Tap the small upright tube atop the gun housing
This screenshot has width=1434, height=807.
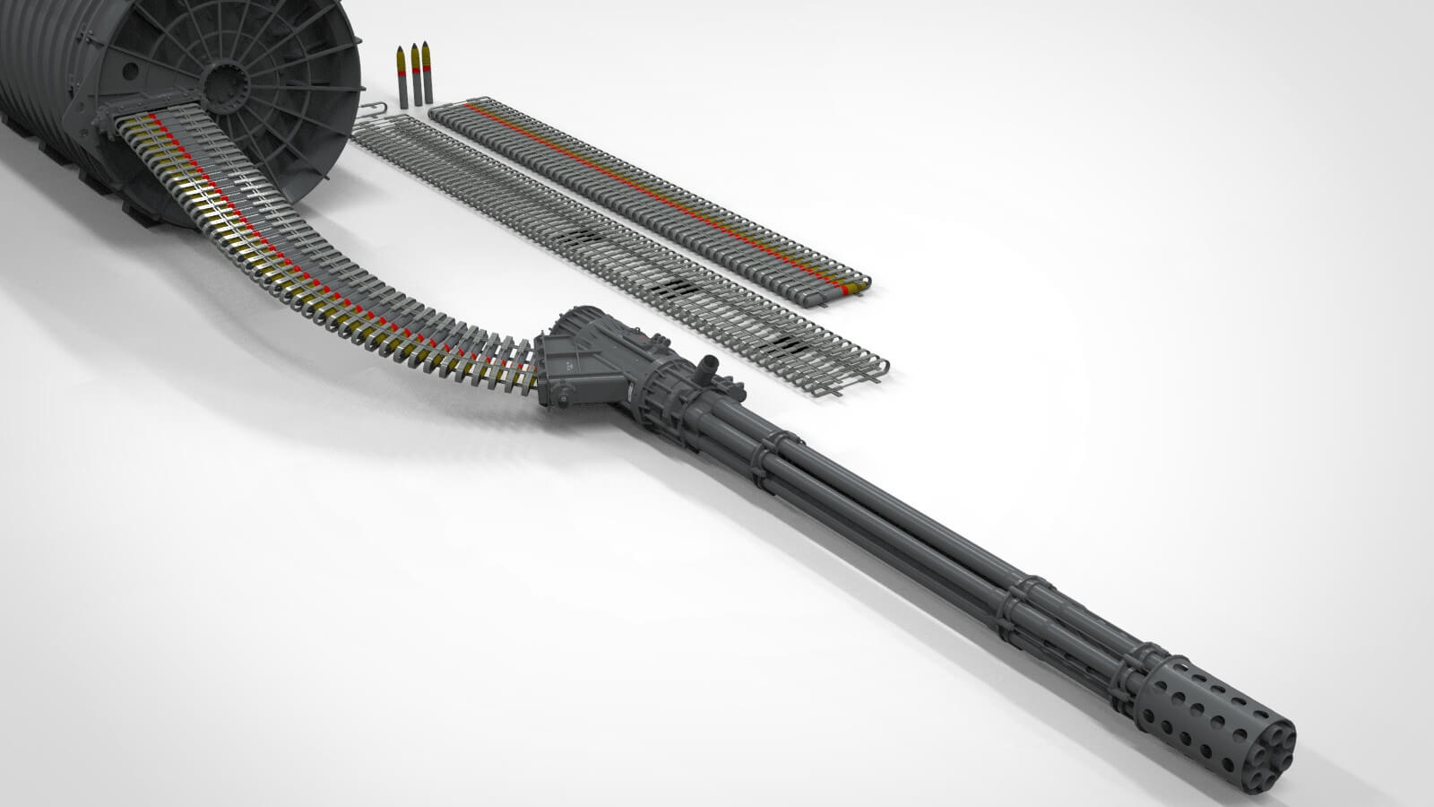tap(710, 367)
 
